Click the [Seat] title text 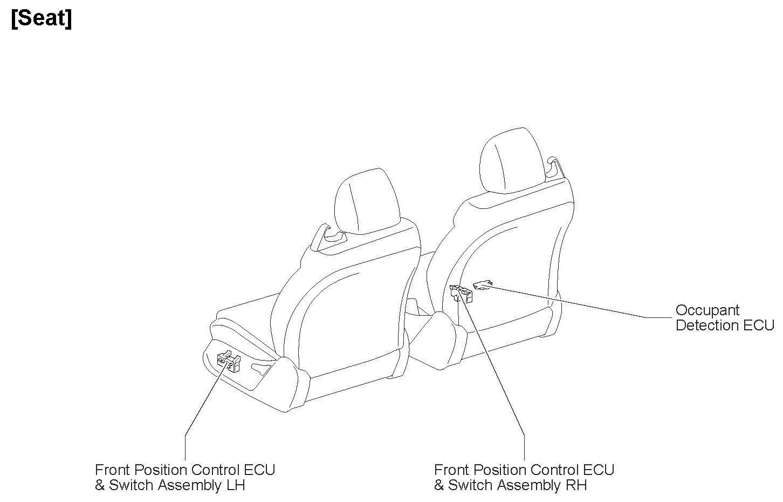(41, 19)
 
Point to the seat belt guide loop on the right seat (552, 165)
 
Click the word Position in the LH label (164, 470)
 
